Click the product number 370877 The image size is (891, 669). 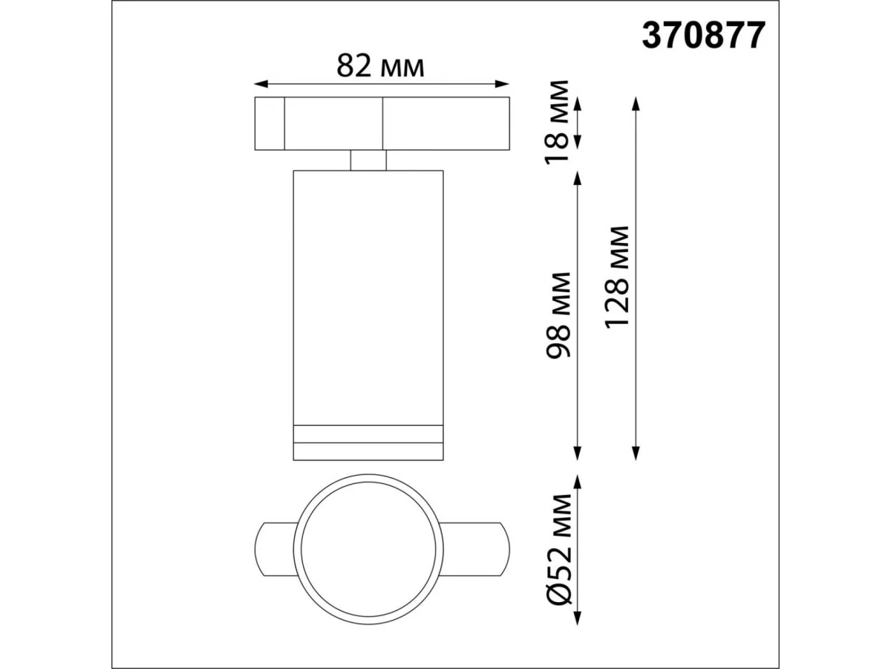point(703,36)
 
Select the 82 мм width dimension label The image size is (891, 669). point(380,66)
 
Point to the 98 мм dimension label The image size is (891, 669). point(558,316)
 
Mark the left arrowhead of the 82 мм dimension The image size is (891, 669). point(261,84)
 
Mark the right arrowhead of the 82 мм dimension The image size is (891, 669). point(502,84)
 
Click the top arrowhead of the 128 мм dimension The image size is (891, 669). point(636,104)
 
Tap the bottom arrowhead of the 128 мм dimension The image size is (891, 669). point(636,453)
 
